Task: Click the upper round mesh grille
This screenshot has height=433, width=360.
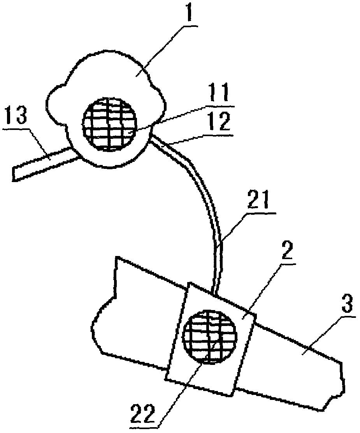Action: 110,123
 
